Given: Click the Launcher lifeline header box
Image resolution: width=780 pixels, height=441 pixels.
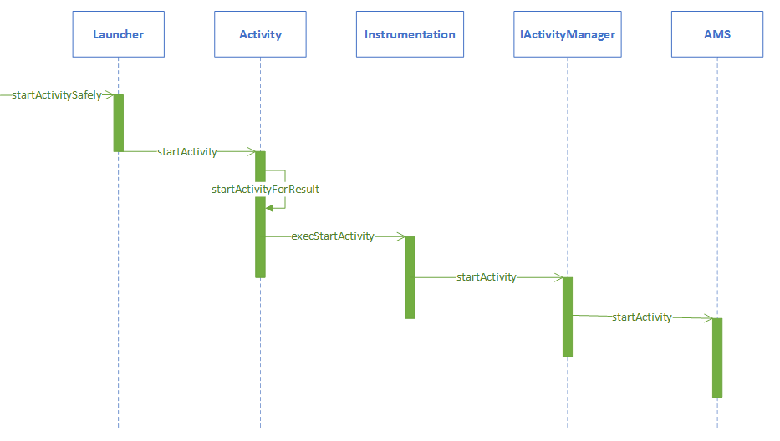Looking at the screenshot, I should (118, 34).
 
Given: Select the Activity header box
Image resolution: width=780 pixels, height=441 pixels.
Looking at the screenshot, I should (260, 34).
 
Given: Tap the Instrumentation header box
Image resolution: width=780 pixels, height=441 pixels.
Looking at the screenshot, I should (410, 34).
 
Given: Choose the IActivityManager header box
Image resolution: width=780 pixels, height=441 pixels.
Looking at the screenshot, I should (567, 34).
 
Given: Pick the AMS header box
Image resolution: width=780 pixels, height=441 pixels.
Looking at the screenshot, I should (717, 34).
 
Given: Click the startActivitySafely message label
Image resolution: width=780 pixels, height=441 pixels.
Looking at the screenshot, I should (56, 95).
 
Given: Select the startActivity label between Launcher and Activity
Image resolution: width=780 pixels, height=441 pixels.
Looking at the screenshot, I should (187, 152).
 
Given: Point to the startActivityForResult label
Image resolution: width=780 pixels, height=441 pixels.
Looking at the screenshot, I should (266, 190).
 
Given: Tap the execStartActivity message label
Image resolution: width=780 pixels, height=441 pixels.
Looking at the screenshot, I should (333, 236).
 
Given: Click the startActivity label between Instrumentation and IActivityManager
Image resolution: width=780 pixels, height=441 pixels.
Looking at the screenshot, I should (487, 277).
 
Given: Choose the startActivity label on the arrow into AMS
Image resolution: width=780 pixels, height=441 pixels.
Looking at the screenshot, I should (642, 317).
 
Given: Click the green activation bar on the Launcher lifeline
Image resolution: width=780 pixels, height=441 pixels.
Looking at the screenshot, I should (119, 123).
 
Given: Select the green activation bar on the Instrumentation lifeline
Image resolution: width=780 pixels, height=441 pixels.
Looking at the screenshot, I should (410, 277).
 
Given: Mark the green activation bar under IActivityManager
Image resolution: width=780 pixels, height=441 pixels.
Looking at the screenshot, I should (568, 317).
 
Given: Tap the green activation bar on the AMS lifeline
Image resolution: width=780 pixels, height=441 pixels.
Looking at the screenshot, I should (717, 357).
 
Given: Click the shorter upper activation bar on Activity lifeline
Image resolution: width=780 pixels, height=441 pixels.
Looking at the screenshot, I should (260, 165).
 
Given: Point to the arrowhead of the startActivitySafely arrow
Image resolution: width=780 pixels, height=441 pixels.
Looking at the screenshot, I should (108, 95).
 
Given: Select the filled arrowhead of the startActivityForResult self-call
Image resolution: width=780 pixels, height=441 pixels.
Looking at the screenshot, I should (270, 208).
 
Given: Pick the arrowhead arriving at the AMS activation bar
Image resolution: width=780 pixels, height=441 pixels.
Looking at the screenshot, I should (707, 318).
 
